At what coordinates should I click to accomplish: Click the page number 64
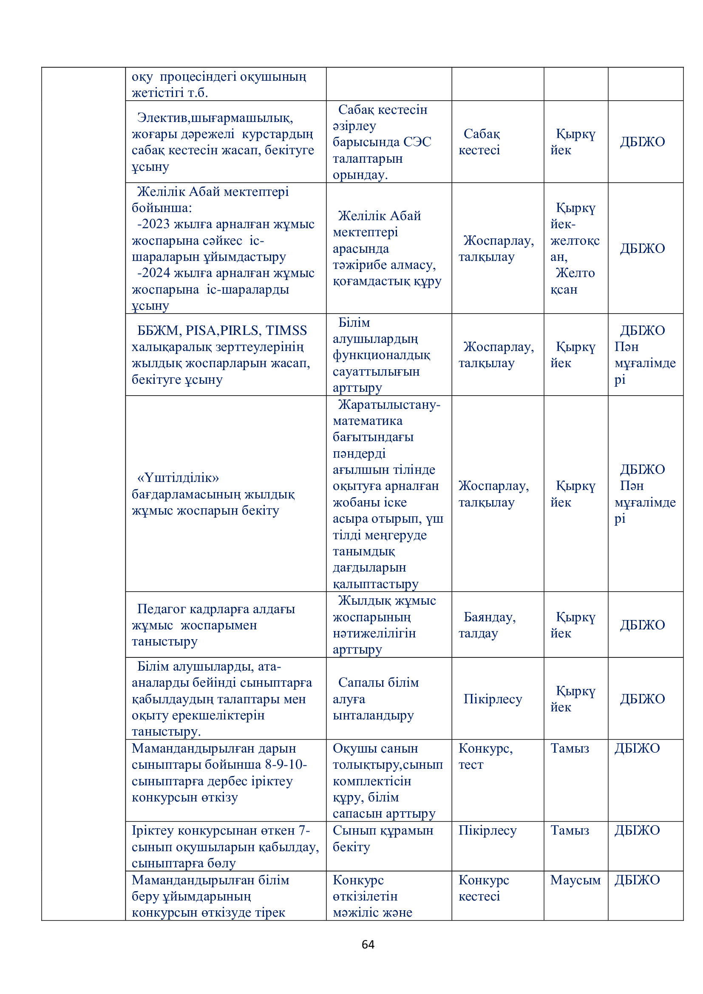[368, 944]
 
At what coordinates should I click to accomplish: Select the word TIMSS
[286, 331]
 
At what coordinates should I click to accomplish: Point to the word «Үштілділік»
[178, 478]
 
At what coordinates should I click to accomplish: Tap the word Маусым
[575, 880]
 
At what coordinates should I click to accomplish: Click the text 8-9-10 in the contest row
[285, 765]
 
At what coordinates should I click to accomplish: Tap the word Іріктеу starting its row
[153, 830]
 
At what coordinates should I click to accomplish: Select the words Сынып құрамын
[383, 830]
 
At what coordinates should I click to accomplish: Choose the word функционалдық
[381, 355]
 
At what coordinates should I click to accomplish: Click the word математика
[367, 421]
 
